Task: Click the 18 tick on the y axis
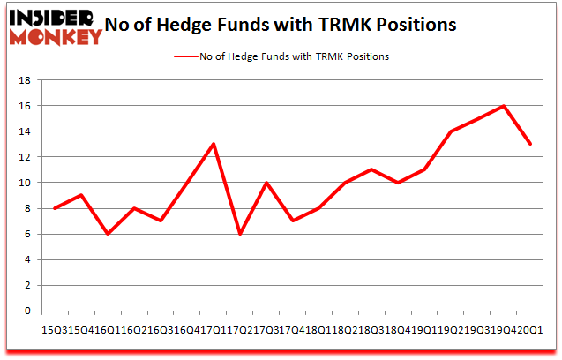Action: tap(26, 80)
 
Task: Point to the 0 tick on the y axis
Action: tap(29, 311)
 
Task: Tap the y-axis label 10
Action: tap(26, 183)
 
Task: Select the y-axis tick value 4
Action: tap(29, 260)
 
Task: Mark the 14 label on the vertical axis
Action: tap(26, 131)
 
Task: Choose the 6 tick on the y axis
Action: tap(29, 235)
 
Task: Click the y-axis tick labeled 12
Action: tap(26, 157)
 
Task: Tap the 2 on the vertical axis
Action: tap(29, 286)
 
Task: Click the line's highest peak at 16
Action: tap(504, 106)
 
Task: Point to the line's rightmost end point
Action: tap(530, 144)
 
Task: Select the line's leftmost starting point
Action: tap(55, 208)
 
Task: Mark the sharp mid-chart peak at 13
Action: tap(214, 144)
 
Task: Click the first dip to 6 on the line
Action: tap(108, 234)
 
